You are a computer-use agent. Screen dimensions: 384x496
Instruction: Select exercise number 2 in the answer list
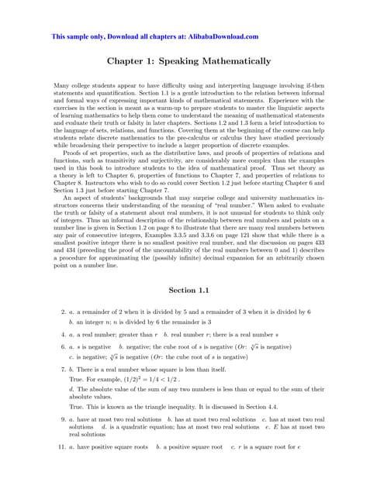click(62, 312)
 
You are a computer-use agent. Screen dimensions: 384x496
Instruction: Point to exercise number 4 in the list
click(62, 336)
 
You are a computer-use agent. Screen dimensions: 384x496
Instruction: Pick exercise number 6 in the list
click(62, 348)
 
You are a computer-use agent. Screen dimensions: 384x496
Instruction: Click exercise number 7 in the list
click(62, 371)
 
